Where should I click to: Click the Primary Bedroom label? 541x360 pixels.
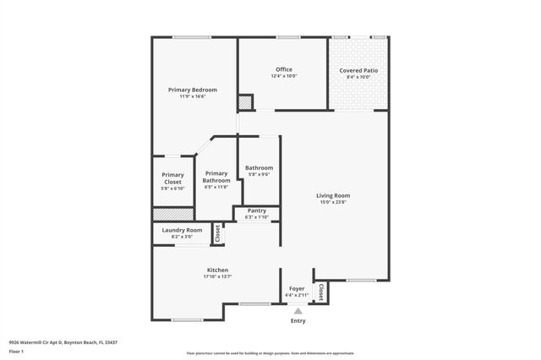(x=193, y=90)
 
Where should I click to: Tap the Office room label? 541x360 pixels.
(x=284, y=69)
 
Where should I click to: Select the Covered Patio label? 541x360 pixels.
(x=358, y=70)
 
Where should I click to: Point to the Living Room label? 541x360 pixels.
(x=333, y=195)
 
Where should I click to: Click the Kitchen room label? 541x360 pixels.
(x=218, y=270)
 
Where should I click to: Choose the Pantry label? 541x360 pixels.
(x=256, y=210)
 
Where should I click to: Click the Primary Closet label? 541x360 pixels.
(x=172, y=178)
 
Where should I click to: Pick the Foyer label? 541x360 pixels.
(x=297, y=288)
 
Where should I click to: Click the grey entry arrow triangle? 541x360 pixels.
(x=298, y=311)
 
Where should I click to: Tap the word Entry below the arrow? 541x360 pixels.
(x=298, y=320)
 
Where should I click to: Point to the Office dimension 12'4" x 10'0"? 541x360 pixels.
(x=284, y=76)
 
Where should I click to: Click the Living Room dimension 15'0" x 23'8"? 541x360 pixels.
(x=333, y=202)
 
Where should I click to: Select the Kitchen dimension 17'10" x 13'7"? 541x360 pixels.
(x=218, y=276)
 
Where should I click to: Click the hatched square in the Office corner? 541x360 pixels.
(x=244, y=102)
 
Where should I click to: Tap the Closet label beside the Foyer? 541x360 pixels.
(x=320, y=292)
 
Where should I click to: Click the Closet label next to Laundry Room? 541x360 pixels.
(x=217, y=234)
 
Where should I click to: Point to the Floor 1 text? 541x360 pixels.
(x=17, y=350)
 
